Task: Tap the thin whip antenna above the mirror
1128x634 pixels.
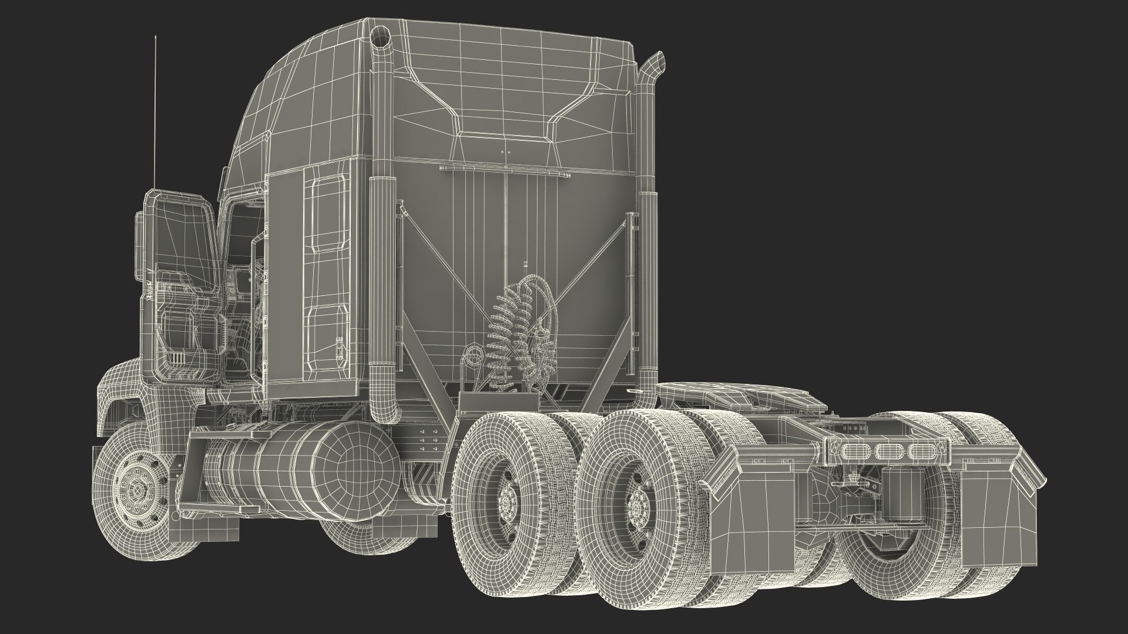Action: [156, 112]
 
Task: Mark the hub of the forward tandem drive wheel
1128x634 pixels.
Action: [506, 498]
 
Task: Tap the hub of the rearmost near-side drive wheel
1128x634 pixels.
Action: [636, 507]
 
